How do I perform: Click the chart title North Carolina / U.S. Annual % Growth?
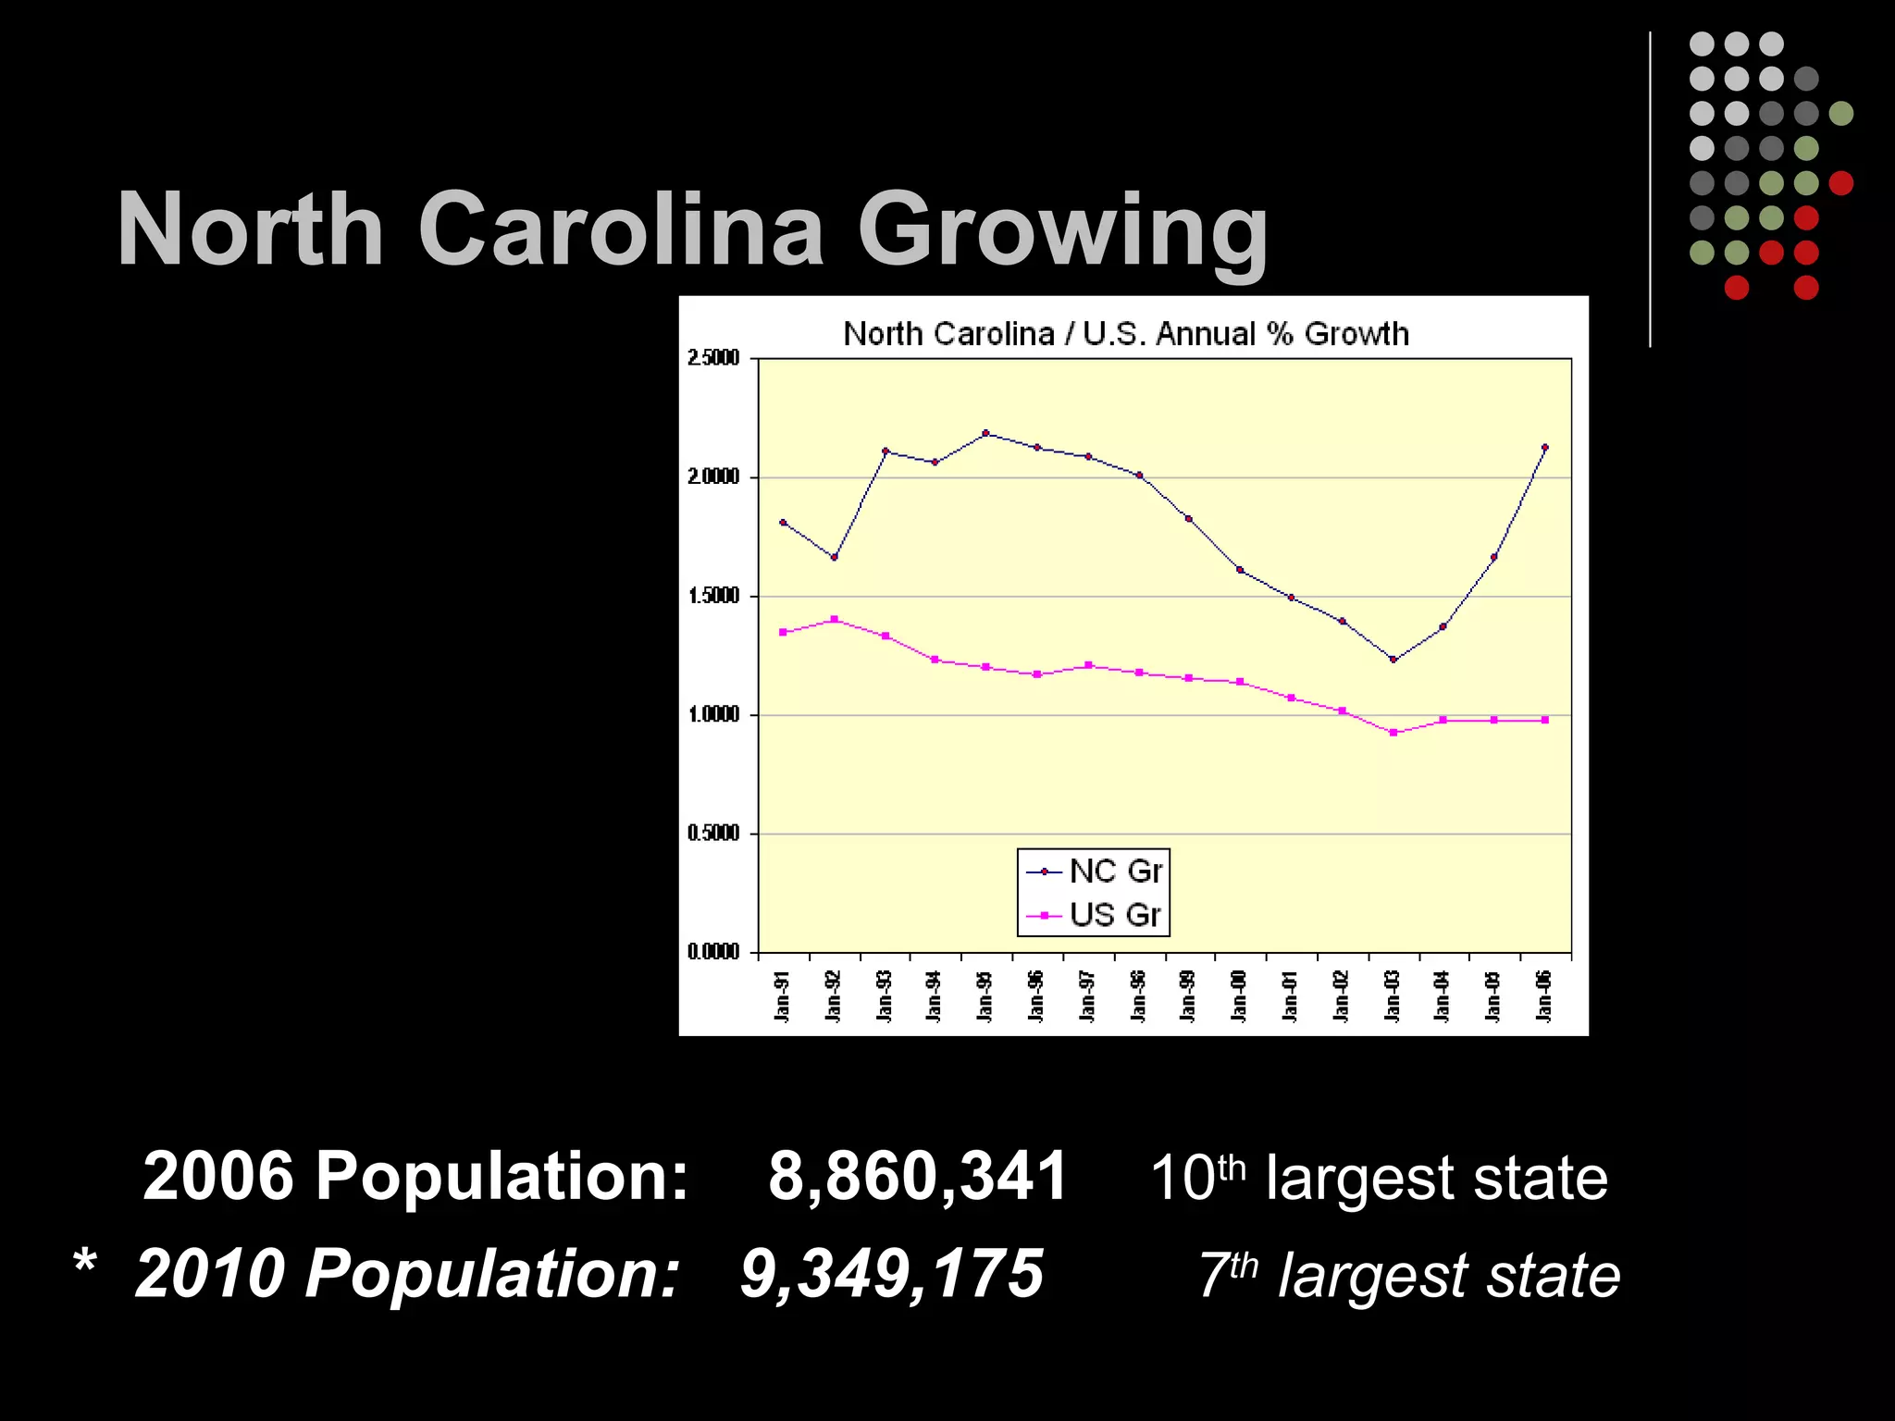[x=1125, y=334]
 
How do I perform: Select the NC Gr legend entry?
[x=1094, y=871]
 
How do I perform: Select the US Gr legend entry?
[x=1094, y=915]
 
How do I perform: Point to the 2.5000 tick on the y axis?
[x=713, y=358]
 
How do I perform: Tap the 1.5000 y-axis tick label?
[x=713, y=596]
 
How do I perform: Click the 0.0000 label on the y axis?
[x=713, y=952]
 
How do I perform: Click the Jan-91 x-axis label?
[x=783, y=997]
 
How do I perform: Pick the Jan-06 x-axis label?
[x=1543, y=997]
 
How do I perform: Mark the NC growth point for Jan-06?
[x=1544, y=448]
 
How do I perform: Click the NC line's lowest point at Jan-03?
[x=1393, y=660]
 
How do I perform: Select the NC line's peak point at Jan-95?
[x=985, y=433]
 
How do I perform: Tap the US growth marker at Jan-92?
[x=834, y=619]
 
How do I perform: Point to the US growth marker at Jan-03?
[x=1393, y=733]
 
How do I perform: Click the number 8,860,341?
[x=917, y=1177]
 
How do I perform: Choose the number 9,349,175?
[x=892, y=1274]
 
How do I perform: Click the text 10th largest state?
[x=1379, y=1179]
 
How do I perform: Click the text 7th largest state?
[x=1408, y=1276]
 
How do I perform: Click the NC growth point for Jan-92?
[x=834, y=558]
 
